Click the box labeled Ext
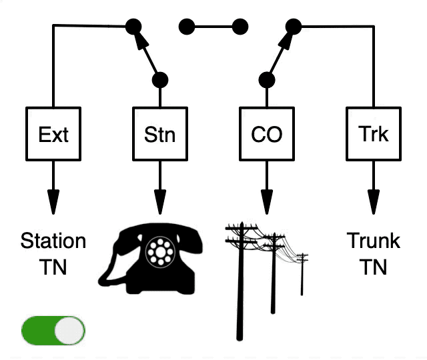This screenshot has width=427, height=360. point(53,134)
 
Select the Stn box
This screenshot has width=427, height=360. point(160,134)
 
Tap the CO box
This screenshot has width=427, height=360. point(267,134)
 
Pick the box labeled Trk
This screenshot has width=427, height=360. point(374,134)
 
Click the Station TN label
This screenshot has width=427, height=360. point(53,253)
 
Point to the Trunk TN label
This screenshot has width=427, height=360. point(374,253)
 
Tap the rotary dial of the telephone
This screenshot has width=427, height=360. point(161,252)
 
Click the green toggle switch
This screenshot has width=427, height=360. point(53,331)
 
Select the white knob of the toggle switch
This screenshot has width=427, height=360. point(69,331)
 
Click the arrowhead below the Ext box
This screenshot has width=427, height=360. point(53,202)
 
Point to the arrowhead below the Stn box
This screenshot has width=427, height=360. point(160,202)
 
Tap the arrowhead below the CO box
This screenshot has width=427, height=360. point(267,202)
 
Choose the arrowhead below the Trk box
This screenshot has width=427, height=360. point(374,202)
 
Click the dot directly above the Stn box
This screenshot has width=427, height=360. point(160,80)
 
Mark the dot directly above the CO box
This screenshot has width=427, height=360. point(267,80)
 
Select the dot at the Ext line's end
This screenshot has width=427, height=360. point(133,27)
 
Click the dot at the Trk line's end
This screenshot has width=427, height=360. point(294,27)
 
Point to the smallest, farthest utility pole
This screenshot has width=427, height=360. point(302,274)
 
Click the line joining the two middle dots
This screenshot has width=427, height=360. point(213,27)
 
